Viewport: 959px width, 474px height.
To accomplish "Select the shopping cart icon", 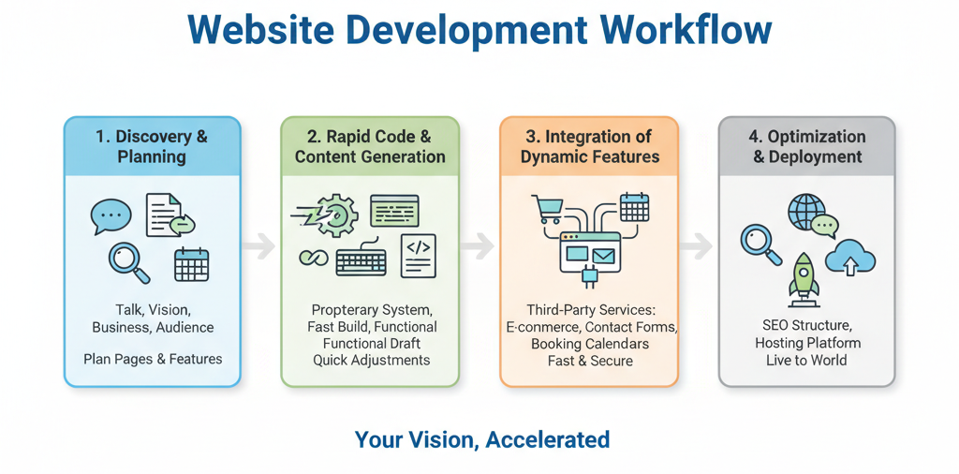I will (546, 208).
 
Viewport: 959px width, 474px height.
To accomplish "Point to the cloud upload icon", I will (851, 256).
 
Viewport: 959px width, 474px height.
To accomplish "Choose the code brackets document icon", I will (418, 256).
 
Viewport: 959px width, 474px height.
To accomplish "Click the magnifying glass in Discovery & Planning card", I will (128, 261).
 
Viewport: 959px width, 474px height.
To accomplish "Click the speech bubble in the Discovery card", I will (111, 216).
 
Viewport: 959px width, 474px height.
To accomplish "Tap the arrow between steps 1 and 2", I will (260, 246).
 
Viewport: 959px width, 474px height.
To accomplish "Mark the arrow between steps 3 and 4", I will (696, 246).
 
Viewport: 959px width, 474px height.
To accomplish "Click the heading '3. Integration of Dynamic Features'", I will (589, 147).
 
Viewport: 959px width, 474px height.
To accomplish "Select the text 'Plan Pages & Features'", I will (153, 359).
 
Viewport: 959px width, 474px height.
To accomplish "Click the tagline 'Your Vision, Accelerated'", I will (481, 438).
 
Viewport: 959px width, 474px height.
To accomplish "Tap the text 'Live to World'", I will (805, 360).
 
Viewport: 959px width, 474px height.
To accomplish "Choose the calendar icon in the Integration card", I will (634, 206).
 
